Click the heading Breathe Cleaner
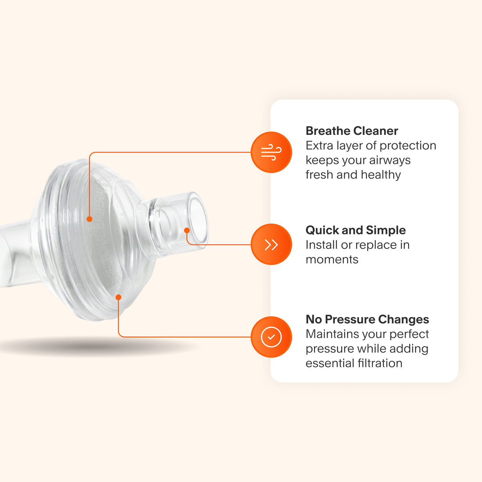coord(352,130)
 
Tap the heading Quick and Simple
coord(355,230)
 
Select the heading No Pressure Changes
coord(367,319)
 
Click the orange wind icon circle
coord(271,152)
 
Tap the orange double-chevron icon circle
coord(271,245)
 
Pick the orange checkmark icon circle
coord(271,337)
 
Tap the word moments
coord(332,259)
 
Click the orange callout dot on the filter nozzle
coord(187,230)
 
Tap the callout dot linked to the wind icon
coord(89,219)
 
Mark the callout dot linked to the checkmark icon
coord(118,297)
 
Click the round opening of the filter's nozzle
coord(198,218)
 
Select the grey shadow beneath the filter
coord(98,346)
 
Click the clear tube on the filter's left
coord(14,255)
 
